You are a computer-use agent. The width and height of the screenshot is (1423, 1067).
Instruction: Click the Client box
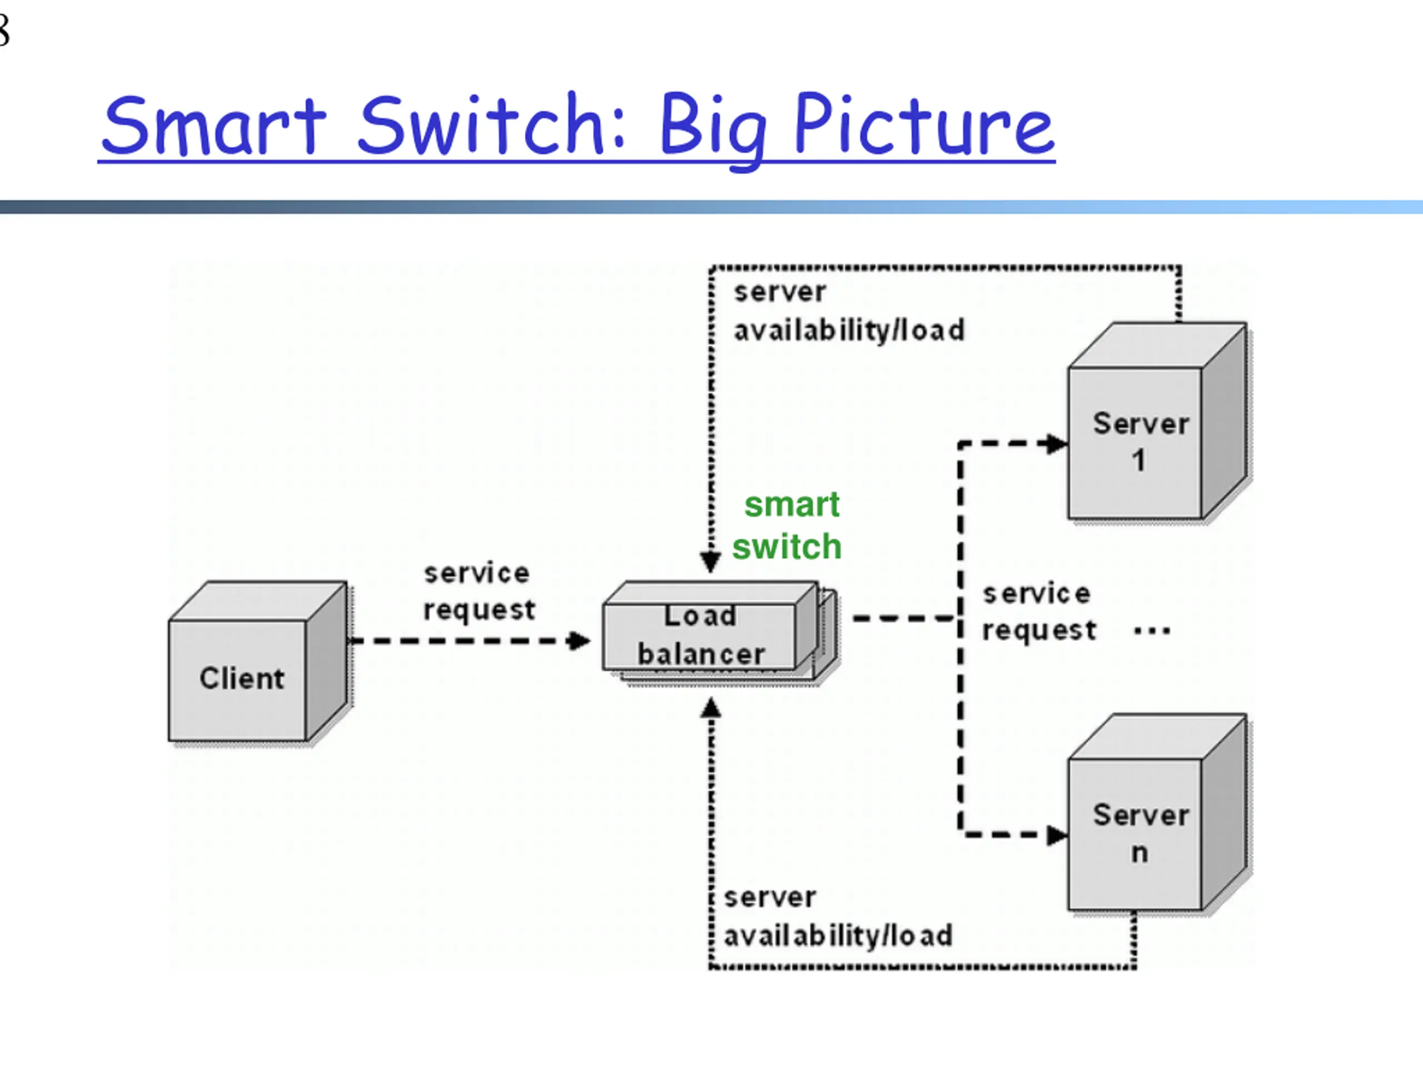coord(258,662)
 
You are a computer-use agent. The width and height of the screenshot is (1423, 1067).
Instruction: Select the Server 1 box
coord(1157,421)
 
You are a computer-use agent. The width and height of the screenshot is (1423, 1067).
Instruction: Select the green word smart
coord(792,505)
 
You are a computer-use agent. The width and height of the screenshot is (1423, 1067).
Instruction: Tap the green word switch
coord(787,547)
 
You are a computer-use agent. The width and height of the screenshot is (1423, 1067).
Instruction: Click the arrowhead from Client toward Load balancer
coord(579,641)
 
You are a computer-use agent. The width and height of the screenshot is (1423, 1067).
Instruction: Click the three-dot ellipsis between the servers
coord(1152,631)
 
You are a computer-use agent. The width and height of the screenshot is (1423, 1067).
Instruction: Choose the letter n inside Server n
coord(1140,854)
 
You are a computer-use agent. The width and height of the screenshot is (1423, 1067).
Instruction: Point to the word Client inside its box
coord(242,678)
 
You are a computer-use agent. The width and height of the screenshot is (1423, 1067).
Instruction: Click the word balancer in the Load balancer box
coord(701,654)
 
